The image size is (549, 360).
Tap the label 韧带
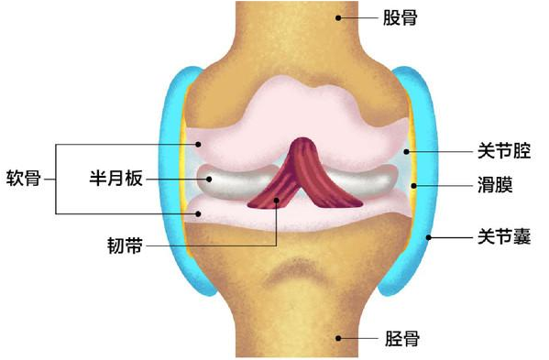coord(126,245)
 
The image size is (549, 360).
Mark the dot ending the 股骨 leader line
coord(340,16)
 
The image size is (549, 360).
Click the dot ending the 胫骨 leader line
coord(340,338)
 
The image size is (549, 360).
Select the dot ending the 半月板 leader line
coord(208,179)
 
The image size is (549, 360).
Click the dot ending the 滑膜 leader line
coord(414,186)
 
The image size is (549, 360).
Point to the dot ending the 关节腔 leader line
coord(407,149)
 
